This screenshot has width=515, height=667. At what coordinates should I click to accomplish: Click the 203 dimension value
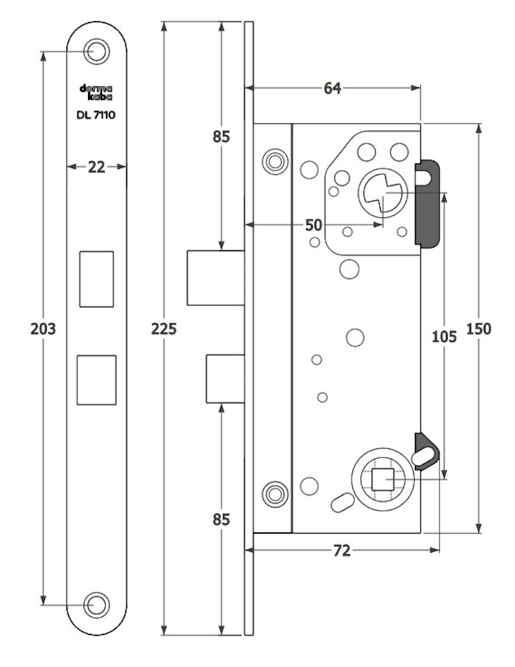pyautogui.click(x=42, y=329)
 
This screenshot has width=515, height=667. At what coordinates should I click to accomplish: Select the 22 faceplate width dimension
pyautogui.click(x=97, y=167)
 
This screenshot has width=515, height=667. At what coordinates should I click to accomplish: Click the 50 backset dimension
pyautogui.click(x=314, y=225)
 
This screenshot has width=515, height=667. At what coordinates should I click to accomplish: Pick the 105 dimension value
pyautogui.click(x=444, y=336)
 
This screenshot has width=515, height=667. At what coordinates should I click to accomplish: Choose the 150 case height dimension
pyautogui.click(x=479, y=329)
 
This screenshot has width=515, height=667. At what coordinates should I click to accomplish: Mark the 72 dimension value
pyautogui.click(x=341, y=550)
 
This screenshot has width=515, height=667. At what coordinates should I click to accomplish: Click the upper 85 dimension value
pyautogui.click(x=221, y=137)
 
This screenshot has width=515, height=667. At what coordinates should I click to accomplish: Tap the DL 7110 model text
pyautogui.click(x=97, y=115)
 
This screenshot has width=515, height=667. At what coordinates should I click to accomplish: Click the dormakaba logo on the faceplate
pyautogui.click(x=97, y=93)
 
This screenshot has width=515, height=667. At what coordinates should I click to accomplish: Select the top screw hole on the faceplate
pyautogui.click(x=97, y=51)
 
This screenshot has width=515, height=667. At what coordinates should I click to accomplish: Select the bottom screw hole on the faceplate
pyautogui.click(x=97, y=604)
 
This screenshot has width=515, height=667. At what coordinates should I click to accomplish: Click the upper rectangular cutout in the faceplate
pyautogui.click(x=97, y=279)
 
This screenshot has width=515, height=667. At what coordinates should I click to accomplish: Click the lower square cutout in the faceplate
pyautogui.click(x=97, y=380)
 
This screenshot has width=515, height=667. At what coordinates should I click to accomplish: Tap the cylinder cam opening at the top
pyautogui.click(x=382, y=193)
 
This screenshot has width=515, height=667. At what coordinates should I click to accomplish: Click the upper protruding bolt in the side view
pyautogui.click(x=215, y=277)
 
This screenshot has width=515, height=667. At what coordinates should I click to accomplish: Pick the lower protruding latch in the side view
pyautogui.click(x=225, y=379)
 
